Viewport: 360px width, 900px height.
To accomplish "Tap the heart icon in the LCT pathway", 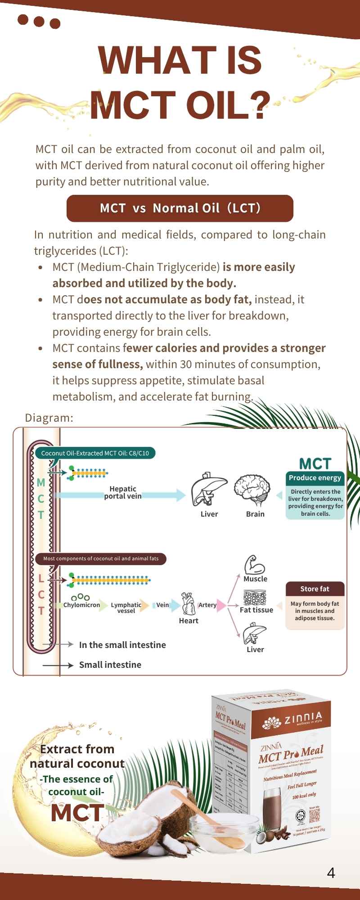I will (188, 603).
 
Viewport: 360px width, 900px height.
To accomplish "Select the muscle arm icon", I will (254, 564).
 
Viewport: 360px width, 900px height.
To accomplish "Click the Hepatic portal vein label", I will (123, 492).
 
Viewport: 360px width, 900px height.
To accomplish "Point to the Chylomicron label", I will (81, 605).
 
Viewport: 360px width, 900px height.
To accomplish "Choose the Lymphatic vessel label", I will (126, 608).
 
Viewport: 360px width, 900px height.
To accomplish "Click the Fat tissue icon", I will (255, 598).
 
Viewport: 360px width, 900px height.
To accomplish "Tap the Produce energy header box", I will (315, 478).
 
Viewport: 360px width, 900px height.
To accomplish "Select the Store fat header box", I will (315, 589).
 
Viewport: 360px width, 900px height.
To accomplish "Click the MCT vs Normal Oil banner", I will (180, 208).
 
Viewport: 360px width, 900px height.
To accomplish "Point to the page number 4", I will (331, 873).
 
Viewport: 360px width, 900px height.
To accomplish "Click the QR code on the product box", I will (314, 814).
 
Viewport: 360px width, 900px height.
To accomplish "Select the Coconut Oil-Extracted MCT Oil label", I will (95, 453).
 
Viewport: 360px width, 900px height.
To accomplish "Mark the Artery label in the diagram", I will (207, 605).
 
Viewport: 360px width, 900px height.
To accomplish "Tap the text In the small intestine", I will (122, 645).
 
